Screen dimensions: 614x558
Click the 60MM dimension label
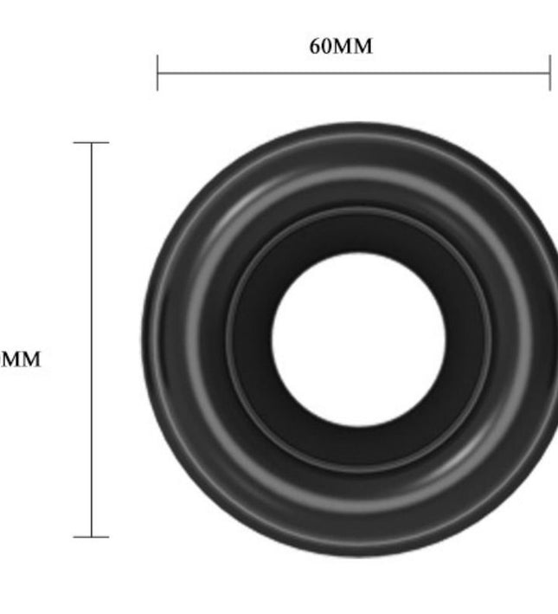pos(342,47)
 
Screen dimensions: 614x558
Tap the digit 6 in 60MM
pos(316,47)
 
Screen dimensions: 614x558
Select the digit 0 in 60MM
pos(327,47)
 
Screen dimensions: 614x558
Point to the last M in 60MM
pos(363,47)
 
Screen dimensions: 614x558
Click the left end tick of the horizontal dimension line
pos(157,72)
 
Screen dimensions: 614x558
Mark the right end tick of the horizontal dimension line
pos(549,72)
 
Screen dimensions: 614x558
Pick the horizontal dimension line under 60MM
pos(353,72)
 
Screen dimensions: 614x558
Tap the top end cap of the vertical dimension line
pos(92,142)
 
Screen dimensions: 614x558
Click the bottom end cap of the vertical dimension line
pos(92,537)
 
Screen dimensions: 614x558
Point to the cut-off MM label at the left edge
pos(19,359)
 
